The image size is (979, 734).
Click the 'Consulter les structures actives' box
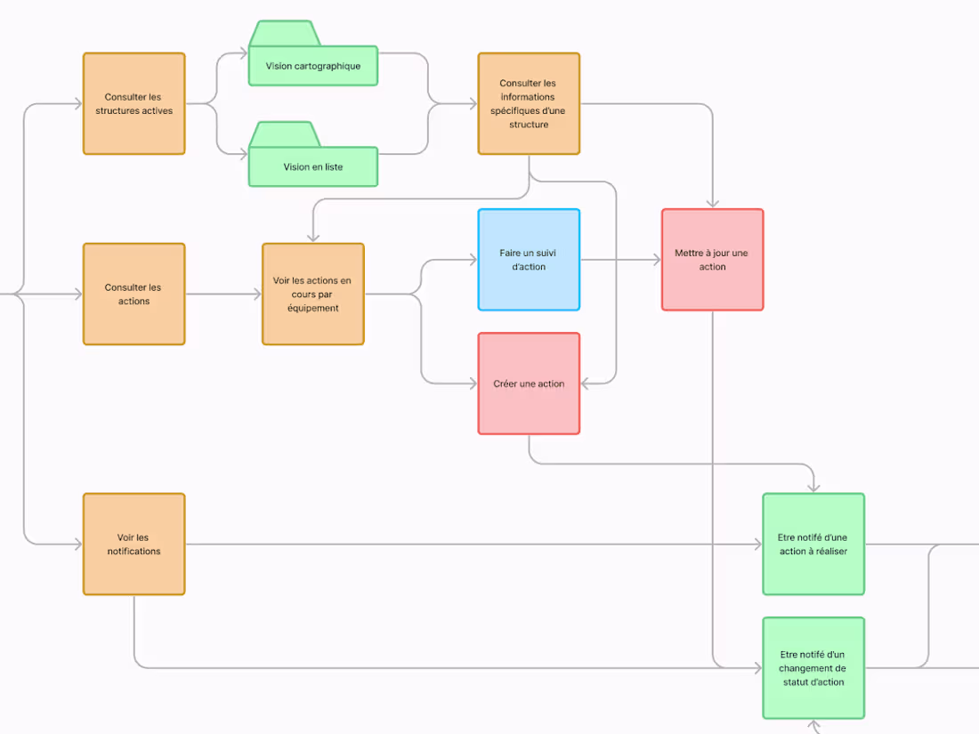(133, 103)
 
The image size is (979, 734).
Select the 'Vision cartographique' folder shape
(312, 66)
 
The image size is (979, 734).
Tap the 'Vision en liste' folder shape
(312, 166)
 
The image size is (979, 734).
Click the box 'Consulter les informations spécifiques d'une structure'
(529, 103)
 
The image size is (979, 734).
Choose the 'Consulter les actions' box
(133, 294)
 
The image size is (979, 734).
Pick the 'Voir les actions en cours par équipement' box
(312, 294)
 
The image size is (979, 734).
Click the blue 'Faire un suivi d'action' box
(529, 260)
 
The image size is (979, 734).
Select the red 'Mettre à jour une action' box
(712, 260)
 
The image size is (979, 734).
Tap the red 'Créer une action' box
(529, 383)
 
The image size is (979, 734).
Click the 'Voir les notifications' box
(133, 544)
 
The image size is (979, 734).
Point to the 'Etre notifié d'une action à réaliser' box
(813, 544)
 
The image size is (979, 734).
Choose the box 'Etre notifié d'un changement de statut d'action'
(813, 668)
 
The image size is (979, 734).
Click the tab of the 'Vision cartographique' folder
(284, 34)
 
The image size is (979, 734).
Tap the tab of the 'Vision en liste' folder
(284, 134)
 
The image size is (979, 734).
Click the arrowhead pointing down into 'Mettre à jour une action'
(712, 204)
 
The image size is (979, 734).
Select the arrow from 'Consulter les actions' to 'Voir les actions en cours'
(222, 294)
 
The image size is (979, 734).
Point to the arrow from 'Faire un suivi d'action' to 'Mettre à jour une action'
(620, 260)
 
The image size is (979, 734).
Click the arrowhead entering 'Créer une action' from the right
(586, 383)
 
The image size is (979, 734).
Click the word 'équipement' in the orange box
(312, 308)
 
